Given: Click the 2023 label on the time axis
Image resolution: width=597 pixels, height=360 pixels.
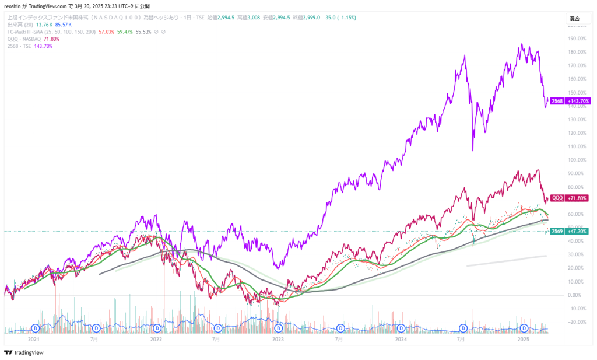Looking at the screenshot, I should pyautogui.click(x=278, y=338).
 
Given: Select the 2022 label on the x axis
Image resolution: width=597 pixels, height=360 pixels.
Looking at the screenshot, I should pyautogui.click(x=156, y=338).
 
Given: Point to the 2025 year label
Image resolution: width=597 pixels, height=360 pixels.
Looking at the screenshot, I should pyautogui.click(x=523, y=338).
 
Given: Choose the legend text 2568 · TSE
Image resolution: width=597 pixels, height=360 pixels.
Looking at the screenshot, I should pyautogui.click(x=19, y=46).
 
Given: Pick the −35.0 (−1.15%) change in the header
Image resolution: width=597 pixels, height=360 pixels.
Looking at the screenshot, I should pyautogui.click(x=336, y=18).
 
